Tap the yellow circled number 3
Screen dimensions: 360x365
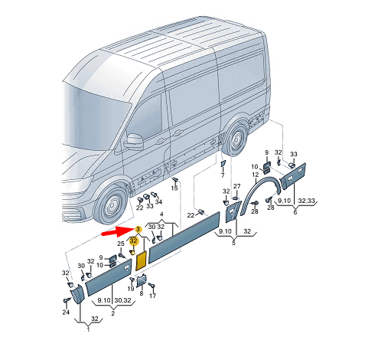(138, 229)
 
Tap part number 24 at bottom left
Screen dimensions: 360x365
(65, 313)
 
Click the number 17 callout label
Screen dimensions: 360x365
(152, 296)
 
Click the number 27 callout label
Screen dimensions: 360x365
(237, 186)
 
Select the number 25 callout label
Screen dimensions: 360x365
(120, 243)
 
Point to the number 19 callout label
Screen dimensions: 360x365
(131, 289)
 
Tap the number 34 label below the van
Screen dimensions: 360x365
(158, 201)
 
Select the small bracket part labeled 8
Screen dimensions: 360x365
(141, 280)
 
